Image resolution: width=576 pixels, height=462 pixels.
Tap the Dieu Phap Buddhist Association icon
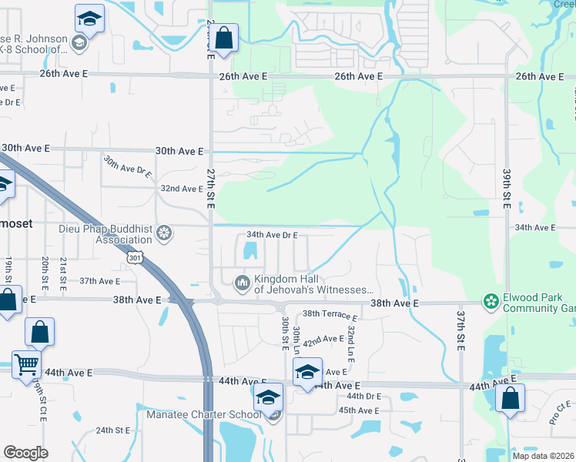click(163, 233)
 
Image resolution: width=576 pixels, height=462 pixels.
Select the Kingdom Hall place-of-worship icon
click(243, 284)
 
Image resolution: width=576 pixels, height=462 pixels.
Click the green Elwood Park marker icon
click(490, 302)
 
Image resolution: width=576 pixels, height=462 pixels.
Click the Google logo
click(25, 452)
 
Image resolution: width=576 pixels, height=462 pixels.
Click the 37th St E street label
click(460, 331)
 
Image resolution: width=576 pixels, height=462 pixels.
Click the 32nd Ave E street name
click(181, 189)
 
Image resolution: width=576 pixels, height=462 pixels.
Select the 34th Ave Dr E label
click(272, 235)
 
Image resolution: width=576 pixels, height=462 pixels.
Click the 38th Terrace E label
click(330, 315)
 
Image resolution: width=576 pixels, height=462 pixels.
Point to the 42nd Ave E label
click(323, 339)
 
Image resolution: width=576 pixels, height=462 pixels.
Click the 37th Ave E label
click(99, 282)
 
